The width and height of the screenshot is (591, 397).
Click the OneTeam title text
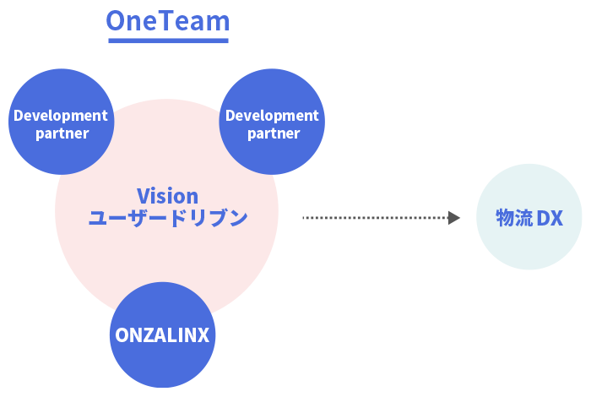[168, 21]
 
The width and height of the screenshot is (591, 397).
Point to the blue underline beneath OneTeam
[168, 40]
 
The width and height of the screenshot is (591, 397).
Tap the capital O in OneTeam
[116, 21]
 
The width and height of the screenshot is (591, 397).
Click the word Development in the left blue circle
[61, 116]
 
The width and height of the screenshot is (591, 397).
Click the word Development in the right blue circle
[272, 116]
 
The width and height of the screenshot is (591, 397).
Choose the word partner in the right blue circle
[273, 133]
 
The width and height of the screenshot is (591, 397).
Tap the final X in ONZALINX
[207, 336]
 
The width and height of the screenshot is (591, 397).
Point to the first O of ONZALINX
[122, 336]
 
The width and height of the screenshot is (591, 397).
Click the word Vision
[167, 196]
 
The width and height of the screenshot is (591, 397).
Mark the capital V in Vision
[143, 196]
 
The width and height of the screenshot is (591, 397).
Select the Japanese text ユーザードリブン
[167, 218]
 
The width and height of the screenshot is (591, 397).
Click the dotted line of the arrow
[371, 218]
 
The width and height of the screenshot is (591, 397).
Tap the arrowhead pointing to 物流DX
[454, 218]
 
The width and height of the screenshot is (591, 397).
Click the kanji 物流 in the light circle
[514, 218]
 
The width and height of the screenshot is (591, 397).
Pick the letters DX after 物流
[550, 218]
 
